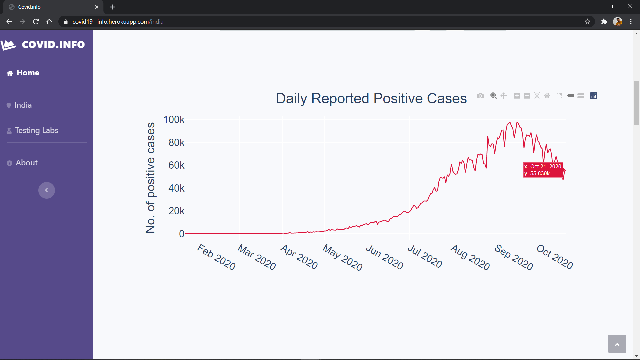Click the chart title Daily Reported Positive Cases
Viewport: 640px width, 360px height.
[371, 99]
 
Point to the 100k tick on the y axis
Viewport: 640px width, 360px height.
[174, 120]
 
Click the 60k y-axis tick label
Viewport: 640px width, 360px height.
[176, 165]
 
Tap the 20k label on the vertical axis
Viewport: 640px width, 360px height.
[176, 211]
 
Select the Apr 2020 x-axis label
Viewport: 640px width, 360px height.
[299, 257]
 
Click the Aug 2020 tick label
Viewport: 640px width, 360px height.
[470, 257]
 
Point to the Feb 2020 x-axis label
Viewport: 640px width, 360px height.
[216, 257]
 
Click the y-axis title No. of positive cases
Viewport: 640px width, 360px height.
[150, 177]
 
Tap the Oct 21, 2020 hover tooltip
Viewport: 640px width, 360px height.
[543, 170]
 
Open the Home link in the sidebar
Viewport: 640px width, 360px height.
[28, 73]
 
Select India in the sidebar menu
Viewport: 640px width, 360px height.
[23, 105]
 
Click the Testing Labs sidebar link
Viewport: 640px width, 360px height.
[36, 130]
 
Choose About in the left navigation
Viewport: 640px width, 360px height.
[27, 163]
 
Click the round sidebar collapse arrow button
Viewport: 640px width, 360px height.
[47, 190]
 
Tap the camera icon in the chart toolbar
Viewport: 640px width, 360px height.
[480, 96]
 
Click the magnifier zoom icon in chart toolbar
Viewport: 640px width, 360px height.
[494, 96]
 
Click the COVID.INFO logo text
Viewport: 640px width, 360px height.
[53, 45]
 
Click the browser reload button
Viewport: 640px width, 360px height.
[36, 22]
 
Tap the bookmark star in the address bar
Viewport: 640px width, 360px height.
[587, 22]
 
